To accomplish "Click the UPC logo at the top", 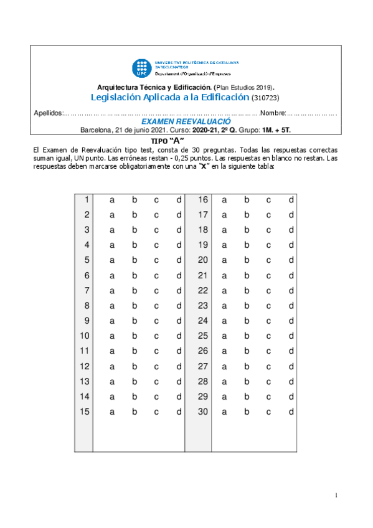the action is point(140,68).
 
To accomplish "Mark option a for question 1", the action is point(113,200).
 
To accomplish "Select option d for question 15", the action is point(179,412).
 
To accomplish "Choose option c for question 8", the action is point(157,306).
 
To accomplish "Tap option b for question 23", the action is point(247,306).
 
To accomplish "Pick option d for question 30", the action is point(291,412).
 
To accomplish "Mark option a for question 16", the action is point(224,200).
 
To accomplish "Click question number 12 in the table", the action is point(85,366).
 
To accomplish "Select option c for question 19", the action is point(269,245).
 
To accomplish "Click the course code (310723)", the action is point(265,98).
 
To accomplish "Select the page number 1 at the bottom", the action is point(336,495).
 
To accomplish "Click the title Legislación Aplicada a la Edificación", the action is point(170,98).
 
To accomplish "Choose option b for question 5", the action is point(135,260).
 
